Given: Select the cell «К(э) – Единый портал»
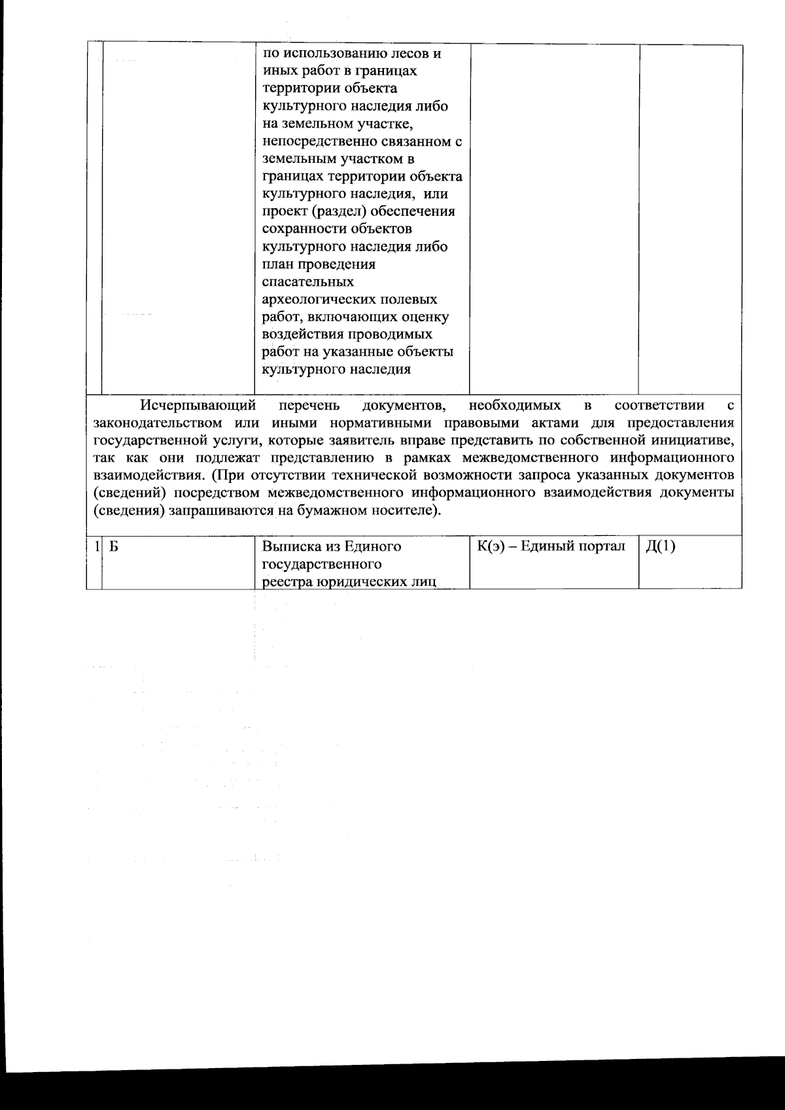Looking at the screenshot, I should click(x=552, y=547).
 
